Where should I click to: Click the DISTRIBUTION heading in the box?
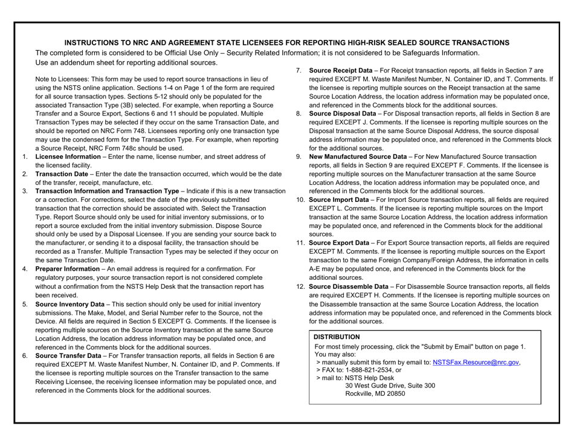336,337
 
